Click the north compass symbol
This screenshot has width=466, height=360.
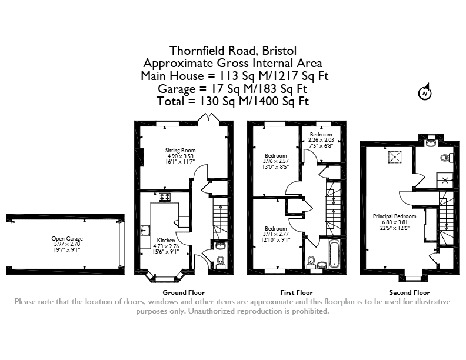[x=425, y=92]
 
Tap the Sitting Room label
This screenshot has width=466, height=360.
[x=181, y=151]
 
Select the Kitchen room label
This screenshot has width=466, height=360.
[x=166, y=241]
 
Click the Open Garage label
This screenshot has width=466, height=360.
[x=67, y=238]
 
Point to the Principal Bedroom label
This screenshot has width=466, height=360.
[x=394, y=216]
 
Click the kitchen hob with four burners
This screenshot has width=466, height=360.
[x=165, y=197]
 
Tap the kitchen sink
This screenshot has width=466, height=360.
[x=145, y=231]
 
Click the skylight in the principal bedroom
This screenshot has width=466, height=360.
[x=395, y=157]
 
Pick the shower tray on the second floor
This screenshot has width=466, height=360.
[x=445, y=180]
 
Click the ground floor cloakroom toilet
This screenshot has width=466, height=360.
[x=221, y=261]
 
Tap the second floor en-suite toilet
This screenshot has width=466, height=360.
[x=447, y=158]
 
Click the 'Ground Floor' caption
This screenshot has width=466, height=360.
[x=184, y=292]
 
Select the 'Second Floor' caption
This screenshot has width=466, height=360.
[x=410, y=292]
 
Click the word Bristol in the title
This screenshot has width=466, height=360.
[x=279, y=51]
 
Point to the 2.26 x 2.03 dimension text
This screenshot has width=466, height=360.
[x=321, y=140]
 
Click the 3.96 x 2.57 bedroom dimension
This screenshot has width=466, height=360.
[x=276, y=161]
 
